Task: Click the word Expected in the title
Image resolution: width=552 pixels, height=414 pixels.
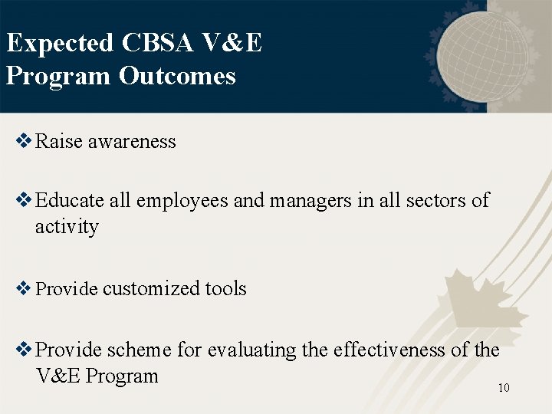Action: (60, 44)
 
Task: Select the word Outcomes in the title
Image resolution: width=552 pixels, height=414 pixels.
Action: (177, 76)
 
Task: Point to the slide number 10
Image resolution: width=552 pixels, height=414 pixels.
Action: (504, 388)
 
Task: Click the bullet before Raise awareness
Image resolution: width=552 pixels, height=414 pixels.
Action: (24, 141)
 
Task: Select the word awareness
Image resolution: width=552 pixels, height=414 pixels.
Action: (132, 142)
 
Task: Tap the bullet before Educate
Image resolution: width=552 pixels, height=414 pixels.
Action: (24, 200)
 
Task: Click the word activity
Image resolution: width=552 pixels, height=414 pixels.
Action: (67, 227)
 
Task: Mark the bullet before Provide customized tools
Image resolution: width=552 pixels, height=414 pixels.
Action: (24, 289)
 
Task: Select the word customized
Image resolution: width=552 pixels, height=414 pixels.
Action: (151, 289)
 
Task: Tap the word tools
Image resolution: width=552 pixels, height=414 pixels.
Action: (225, 289)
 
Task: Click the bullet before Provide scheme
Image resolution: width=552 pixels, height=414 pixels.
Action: (24, 350)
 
